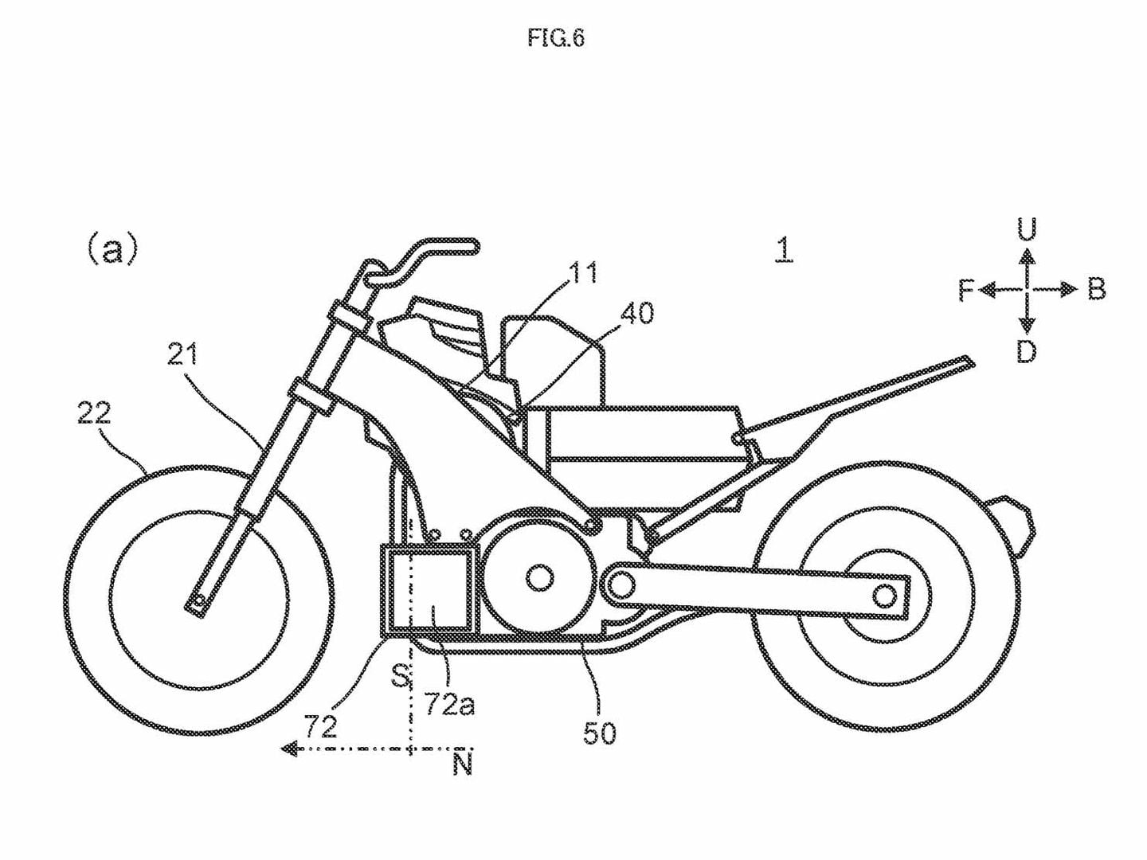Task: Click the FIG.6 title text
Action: (x=555, y=38)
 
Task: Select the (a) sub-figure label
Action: (x=112, y=249)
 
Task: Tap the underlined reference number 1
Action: (x=784, y=249)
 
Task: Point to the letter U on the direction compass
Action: (x=1027, y=230)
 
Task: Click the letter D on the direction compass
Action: (x=1027, y=351)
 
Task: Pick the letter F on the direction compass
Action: (x=966, y=291)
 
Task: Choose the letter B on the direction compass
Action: (x=1097, y=290)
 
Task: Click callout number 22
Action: (x=95, y=413)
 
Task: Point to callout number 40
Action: (x=637, y=313)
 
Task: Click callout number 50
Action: (x=599, y=733)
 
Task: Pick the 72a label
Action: (x=450, y=704)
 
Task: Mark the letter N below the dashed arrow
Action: (x=462, y=764)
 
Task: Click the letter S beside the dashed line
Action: (x=401, y=676)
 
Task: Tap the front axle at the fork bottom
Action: (x=196, y=602)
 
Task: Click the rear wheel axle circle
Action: (x=884, y=595)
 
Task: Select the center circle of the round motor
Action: (x=540, y=577)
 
